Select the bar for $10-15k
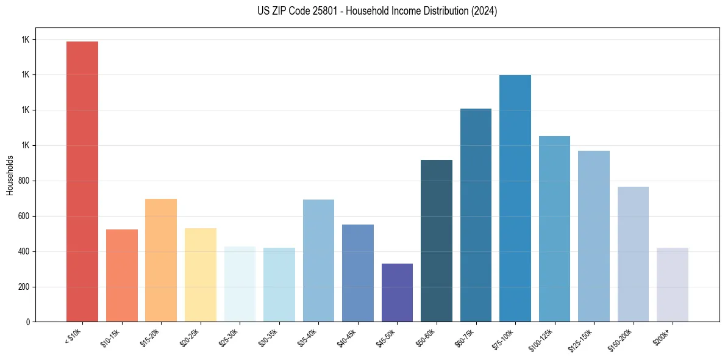122,275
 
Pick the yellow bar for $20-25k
201,275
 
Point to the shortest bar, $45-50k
397,292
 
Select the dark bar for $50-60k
437,240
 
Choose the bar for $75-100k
515,198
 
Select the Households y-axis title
10,175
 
